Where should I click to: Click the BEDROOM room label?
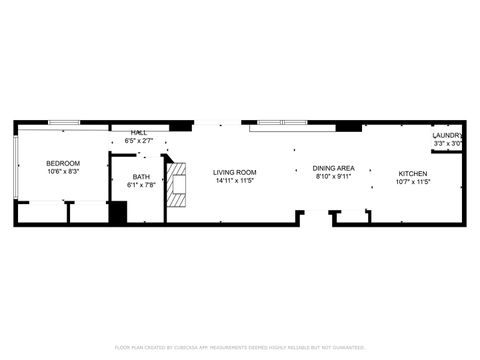63,163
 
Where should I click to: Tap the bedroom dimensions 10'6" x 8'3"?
63,172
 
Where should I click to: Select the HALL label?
140,133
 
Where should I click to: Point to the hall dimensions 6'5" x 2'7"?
140,141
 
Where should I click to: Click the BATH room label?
140,176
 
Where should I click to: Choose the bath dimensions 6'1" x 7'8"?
140,185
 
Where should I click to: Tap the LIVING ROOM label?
234,172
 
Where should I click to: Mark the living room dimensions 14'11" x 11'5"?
234,181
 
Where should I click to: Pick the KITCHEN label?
412,173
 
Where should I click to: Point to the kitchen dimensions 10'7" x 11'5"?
412,182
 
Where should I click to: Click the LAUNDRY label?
447,136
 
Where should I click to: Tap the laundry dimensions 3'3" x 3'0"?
447,144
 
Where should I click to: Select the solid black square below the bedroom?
118,213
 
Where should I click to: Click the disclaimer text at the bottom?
240,347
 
